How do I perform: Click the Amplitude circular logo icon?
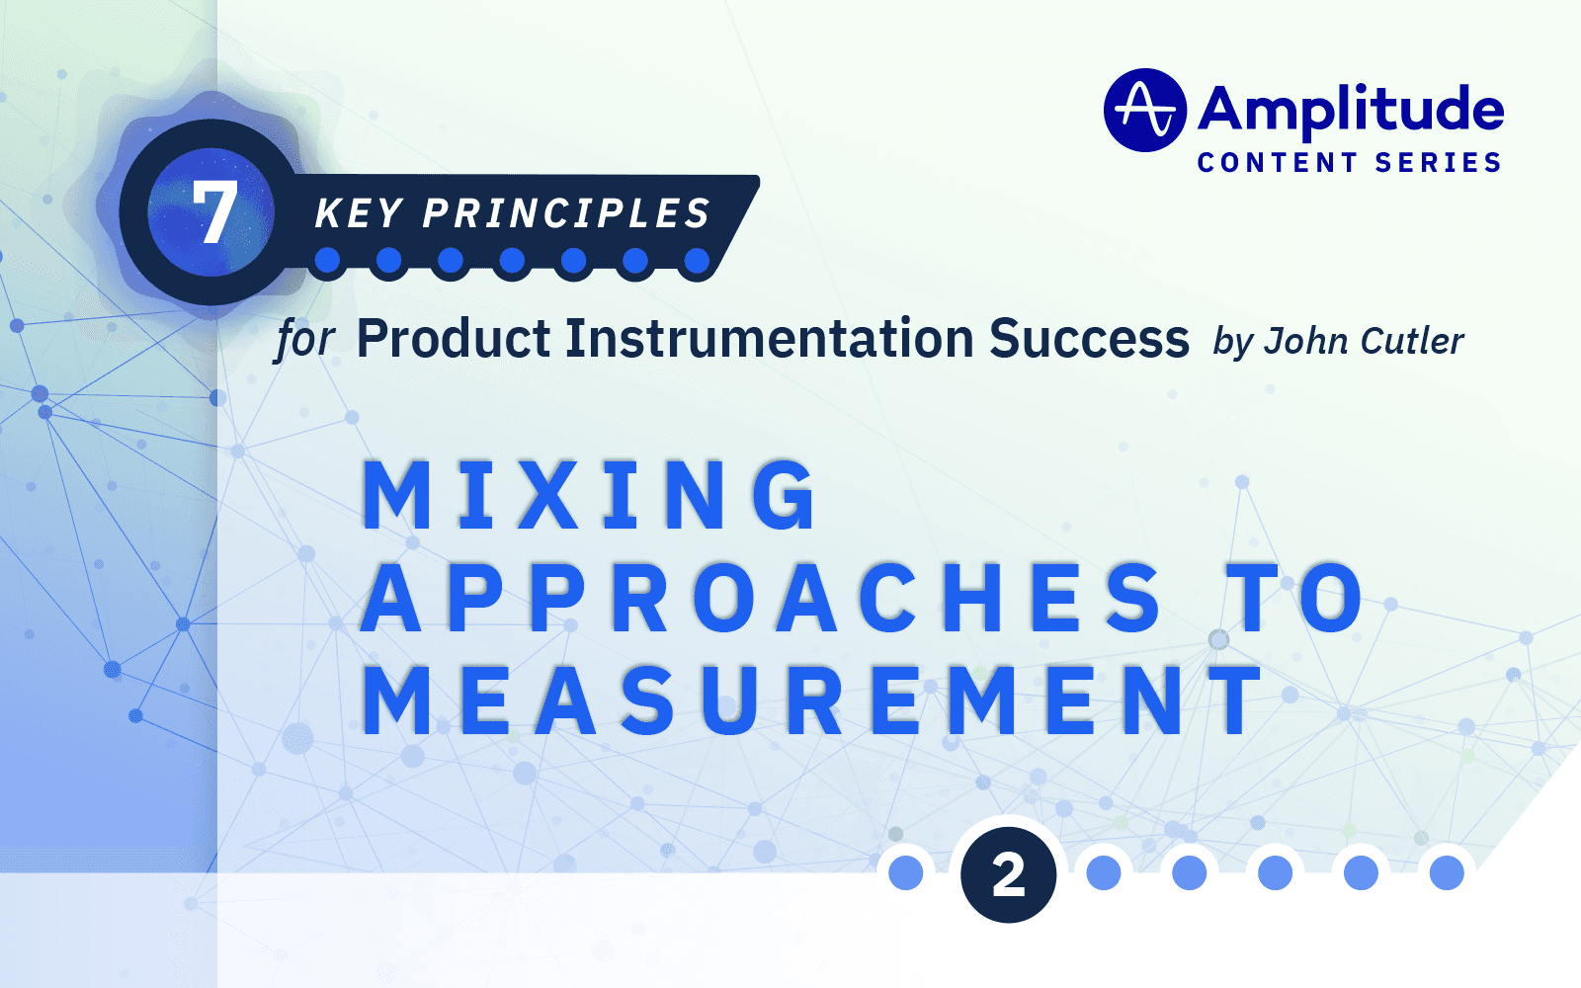coord(1144,110)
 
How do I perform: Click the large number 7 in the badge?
coord(213,212)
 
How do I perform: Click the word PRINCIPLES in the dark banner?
coord(566,213)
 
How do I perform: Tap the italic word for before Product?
coord(305,340)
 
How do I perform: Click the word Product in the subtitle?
coord(454,339)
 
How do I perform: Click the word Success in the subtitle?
coord(1089,339)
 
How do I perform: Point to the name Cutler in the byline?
coord(1412,341)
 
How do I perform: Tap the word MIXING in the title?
coord(590,495)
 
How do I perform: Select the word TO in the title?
coord(1296,599)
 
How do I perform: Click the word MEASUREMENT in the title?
coord(812,701)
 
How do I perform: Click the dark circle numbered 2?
coord(1008,874)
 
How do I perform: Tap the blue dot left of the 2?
coord(906,872)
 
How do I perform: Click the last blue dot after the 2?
coord(1447,872)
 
